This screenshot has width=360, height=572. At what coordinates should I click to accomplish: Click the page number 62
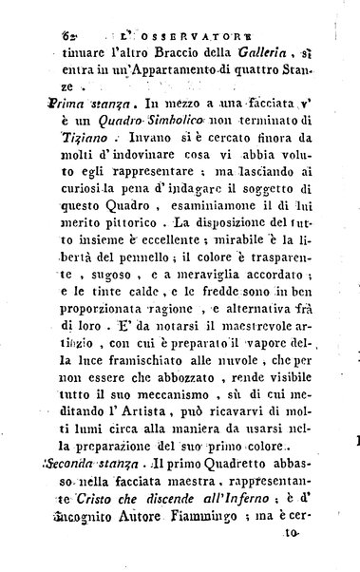click(x=67, y=35)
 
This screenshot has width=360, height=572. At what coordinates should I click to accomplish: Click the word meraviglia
click(x=200, y=311)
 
